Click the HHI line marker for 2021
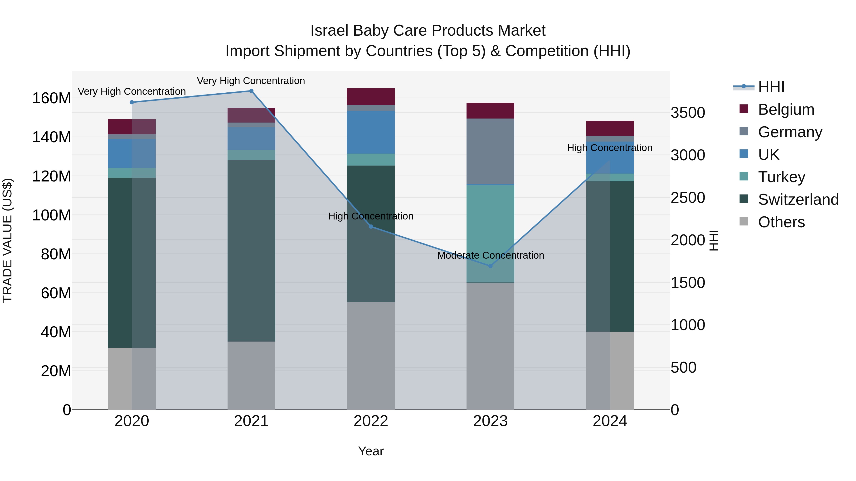[x=251, y=91]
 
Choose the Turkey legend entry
[x=781, y=177]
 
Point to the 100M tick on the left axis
[x=52, y=215]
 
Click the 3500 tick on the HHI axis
[x=687, y=113]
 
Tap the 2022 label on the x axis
[x=371, y=421]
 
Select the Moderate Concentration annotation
[x=491, y=255]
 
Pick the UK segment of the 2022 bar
[x=371, y=132]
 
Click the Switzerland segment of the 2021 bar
[x=251, y=251]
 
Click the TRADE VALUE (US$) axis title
[x=7, y=240]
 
